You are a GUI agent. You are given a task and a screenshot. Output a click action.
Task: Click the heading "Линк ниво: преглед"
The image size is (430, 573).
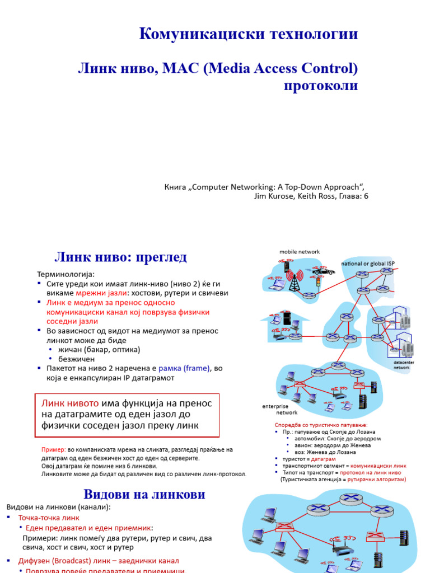click(120, 257)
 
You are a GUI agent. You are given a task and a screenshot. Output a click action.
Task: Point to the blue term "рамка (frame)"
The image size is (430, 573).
click(185, 368)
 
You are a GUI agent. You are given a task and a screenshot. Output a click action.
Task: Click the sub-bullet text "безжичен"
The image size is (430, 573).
click(76, 359)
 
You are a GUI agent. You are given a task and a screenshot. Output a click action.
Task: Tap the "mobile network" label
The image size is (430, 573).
click(300, 252)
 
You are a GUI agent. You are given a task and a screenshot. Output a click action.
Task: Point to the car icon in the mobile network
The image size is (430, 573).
click(323, 271)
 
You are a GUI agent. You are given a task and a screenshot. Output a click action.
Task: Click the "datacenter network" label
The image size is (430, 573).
click(401, 365)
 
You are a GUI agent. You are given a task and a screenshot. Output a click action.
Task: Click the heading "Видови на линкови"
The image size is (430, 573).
click(144, 495)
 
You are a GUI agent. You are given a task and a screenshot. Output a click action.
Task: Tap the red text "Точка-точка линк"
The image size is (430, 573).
click(49, 518)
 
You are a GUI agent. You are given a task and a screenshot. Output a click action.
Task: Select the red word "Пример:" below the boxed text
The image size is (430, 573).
click(54, 450)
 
